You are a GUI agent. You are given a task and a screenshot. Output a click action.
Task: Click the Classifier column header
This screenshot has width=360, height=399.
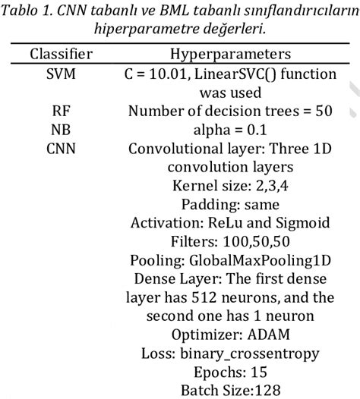[62, 55]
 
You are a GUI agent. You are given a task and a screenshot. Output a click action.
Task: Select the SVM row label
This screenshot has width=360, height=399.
[62, 74]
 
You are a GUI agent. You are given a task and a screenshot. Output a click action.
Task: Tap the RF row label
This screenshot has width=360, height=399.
[62, 111]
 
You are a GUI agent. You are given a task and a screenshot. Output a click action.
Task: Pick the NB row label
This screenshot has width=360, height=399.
[62, 129]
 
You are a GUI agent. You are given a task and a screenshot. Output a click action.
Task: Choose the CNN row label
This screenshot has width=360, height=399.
[62, 148]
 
